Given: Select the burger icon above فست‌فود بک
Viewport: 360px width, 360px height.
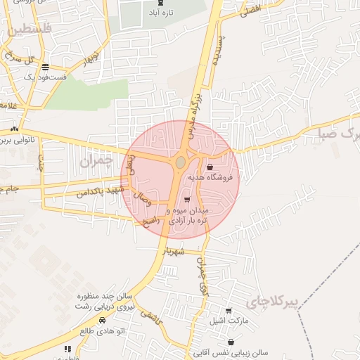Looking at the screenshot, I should coord(46,67).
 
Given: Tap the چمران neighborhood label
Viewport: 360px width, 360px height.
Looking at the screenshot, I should coord(96,161).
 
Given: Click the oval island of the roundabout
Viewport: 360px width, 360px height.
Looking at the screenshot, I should coord(181,162).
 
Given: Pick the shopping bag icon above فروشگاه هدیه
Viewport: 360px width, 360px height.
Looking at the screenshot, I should coord(210,167).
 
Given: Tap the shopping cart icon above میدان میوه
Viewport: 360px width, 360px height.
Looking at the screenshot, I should coord(186,200).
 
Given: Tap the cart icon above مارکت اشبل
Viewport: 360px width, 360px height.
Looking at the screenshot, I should coord(229,310).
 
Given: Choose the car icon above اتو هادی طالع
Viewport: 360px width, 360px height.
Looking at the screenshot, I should coord(103,321).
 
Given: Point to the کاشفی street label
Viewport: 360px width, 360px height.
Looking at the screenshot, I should coord(150,320).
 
